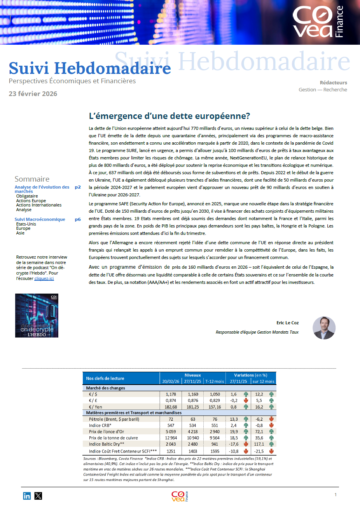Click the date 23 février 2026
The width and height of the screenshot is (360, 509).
[x=33, y=94]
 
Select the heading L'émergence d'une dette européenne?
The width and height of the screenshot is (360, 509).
[x=170, y=116]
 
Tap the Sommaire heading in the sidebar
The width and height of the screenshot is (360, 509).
[x=32, y=179]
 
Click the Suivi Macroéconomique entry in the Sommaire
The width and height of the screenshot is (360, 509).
[x=40, y=219]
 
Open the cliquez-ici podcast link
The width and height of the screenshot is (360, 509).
[x=44, y=278]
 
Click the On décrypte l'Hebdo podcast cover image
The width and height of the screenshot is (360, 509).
[x=37, y=315]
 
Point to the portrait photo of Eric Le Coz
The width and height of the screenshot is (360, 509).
[x=324, y=328]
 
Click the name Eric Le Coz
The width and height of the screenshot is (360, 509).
[x=287, y=323]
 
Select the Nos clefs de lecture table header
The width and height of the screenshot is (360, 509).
[x=105, y=378]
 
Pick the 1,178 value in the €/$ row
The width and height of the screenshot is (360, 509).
[x=171, y=394]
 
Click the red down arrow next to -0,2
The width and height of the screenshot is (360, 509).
[x=246, y=401]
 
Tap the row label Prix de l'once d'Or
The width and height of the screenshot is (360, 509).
[x=107, y=432]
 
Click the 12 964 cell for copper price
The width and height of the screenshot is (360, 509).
[x=171, y=438]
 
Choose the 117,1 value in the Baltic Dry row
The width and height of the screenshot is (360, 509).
[x=259, y=444]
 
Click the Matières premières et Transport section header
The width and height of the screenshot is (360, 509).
[x=134, y=413]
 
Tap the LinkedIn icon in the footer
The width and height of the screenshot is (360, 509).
[x=27, y=496]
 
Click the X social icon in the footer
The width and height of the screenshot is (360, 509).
[x=38, y=496]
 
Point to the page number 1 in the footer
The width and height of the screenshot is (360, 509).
[x=336, y=495]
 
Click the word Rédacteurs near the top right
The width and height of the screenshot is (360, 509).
[x=333, y=82]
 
